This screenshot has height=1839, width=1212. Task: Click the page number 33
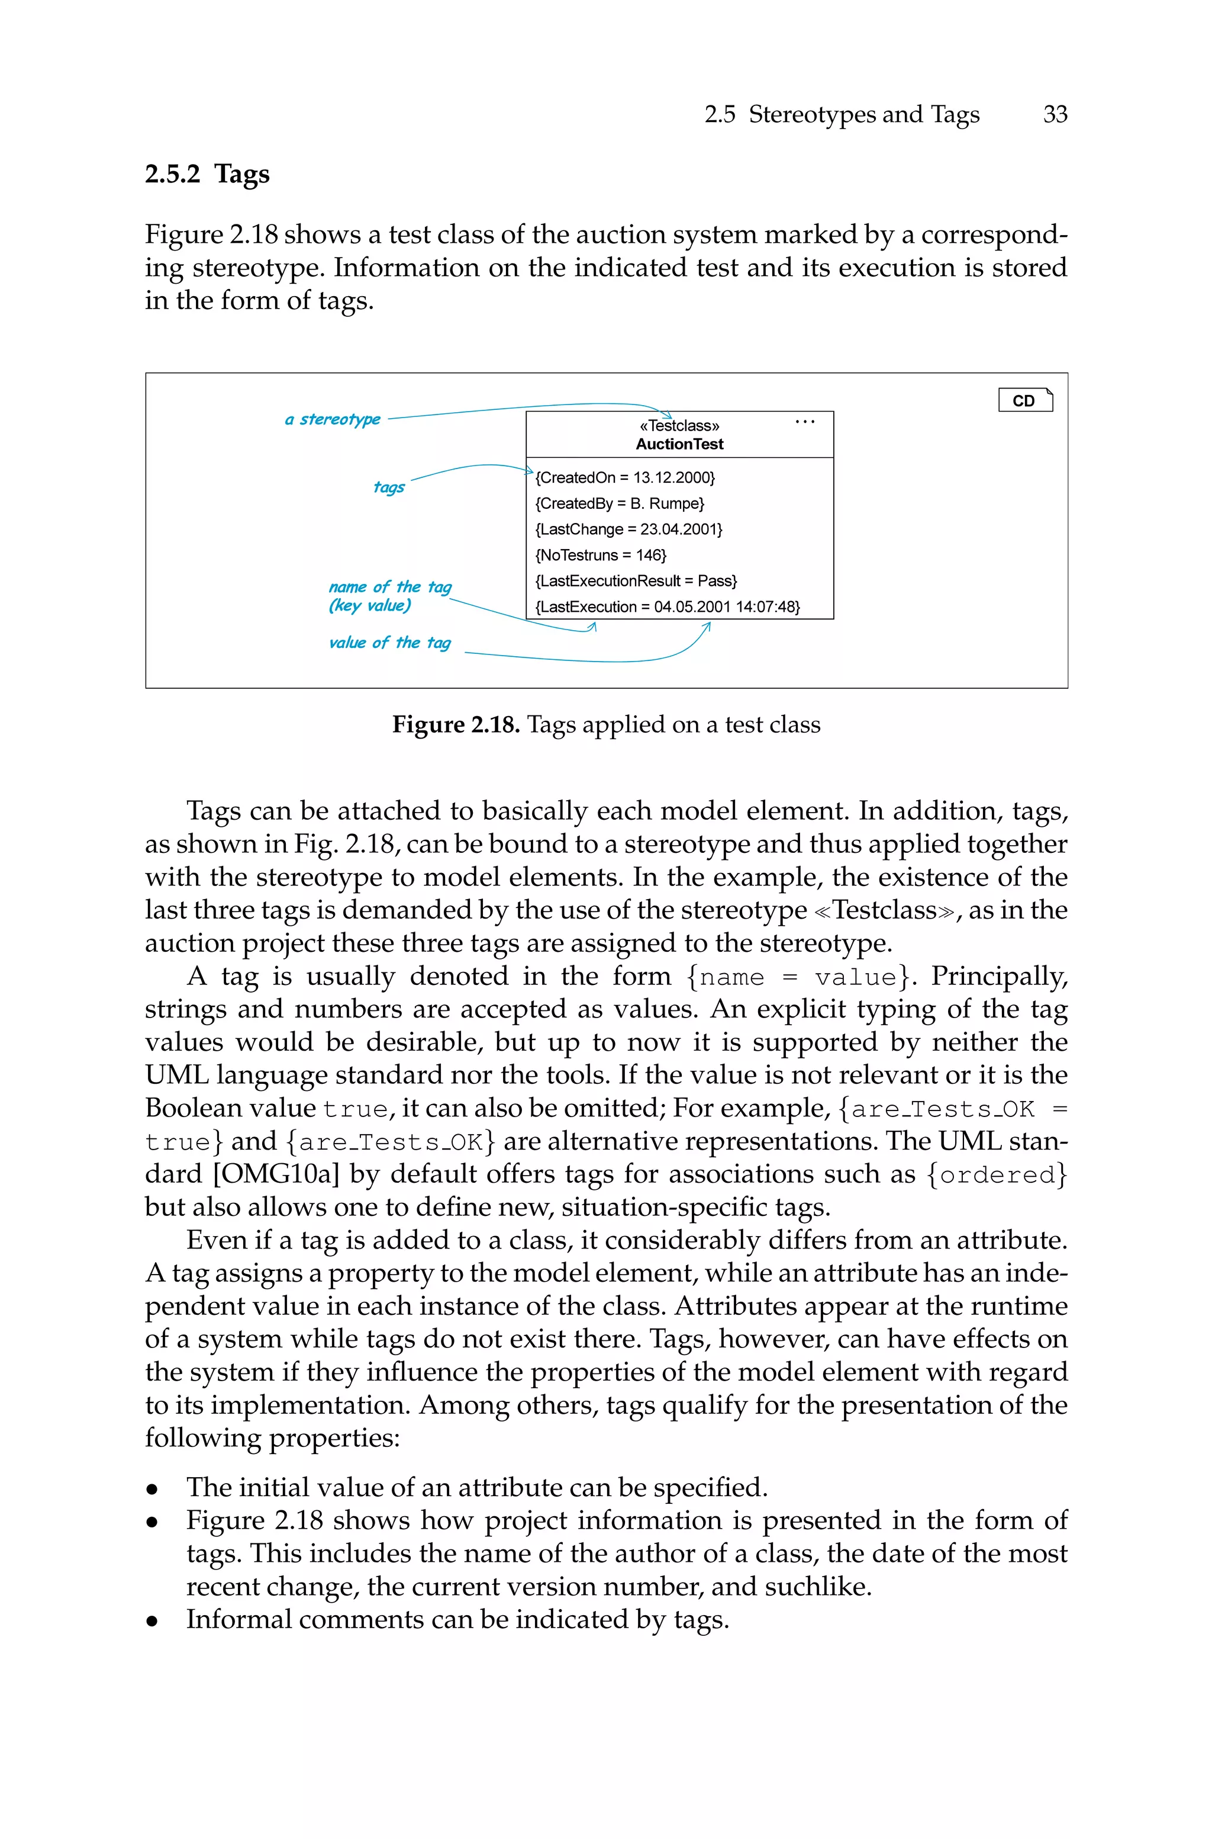click(1055, 114)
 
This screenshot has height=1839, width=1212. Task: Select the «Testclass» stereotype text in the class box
click(679, 425)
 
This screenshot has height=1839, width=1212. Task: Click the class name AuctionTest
click(679, 444)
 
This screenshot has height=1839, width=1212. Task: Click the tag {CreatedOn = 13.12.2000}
click(624, 477)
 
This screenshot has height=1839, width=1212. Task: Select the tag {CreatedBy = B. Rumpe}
click(619, 503)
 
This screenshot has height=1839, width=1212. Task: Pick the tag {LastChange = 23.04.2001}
click(628, 529)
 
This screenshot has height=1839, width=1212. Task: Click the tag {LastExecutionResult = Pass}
click(636, 581)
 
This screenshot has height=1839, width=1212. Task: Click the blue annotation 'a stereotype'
click(333, 419)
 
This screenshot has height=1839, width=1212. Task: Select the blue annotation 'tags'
click(389, 486)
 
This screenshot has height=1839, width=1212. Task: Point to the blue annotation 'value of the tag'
click(389, 643)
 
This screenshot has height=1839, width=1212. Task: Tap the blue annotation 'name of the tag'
click(389, 587)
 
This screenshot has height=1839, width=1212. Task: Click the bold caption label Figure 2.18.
click(455, 724)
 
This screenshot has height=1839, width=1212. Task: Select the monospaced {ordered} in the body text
click(997, 1174)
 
